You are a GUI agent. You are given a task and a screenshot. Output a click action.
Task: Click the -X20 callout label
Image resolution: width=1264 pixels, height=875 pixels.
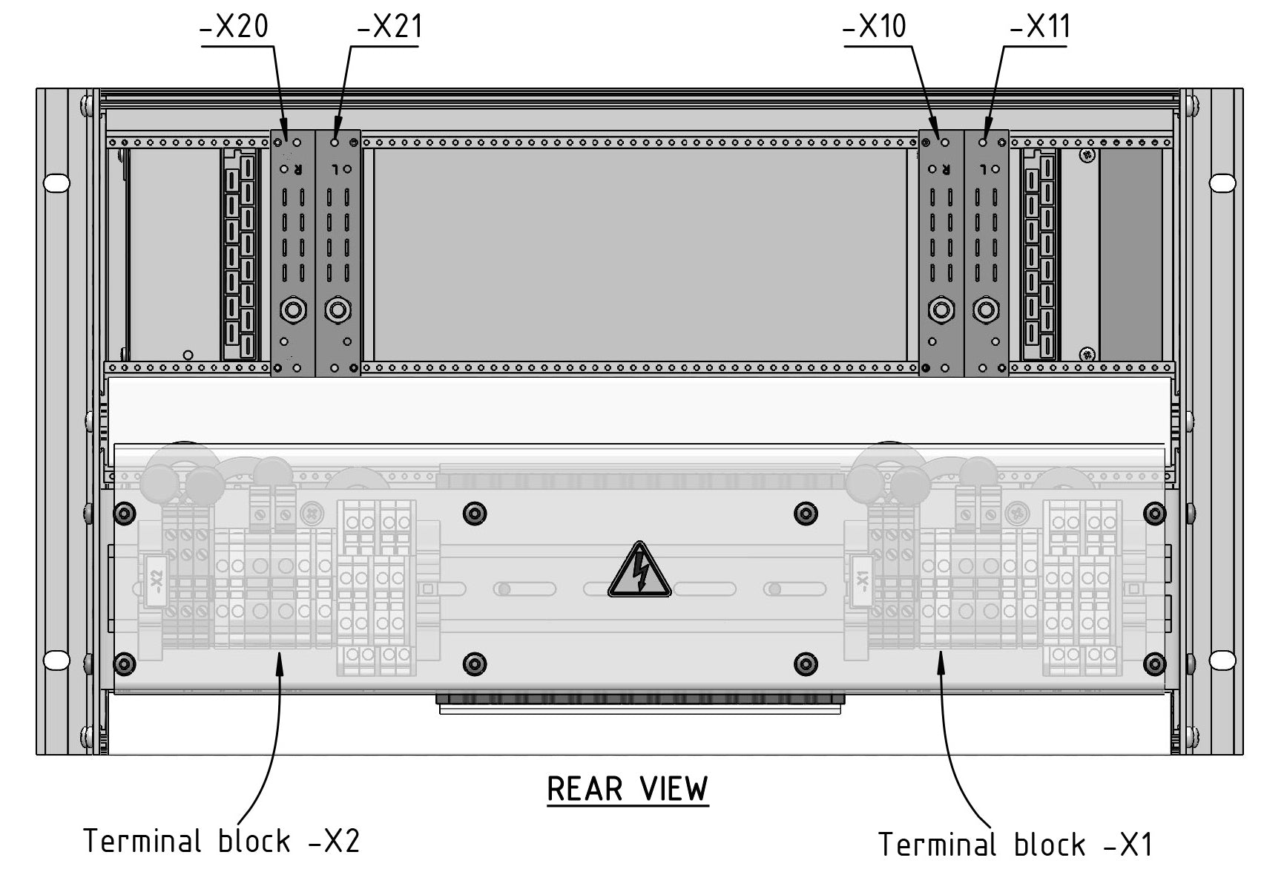(x=234, y=28)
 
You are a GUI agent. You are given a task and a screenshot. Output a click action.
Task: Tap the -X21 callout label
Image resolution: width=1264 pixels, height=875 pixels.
(x=389, y=28)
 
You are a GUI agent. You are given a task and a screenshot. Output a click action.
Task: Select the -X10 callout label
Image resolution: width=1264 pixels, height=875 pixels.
(x=875, y=28)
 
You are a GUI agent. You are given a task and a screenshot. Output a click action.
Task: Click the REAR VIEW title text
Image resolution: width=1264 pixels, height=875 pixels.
(x=628, y=789)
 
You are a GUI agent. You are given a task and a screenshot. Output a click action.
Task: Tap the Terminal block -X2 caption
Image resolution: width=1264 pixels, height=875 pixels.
(x=221, y=842)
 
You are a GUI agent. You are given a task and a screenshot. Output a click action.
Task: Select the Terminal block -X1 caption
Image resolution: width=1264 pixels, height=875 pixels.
(x=1015, y=845)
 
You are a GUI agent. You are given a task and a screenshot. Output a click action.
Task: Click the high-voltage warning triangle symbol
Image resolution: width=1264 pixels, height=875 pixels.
(x=639, y=572)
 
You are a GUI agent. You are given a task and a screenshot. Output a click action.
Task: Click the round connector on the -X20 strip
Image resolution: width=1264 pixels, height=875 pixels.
(x=293, y=309)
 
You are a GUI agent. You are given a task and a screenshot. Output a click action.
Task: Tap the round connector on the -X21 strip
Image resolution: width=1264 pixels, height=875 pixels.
(x=338, y=309)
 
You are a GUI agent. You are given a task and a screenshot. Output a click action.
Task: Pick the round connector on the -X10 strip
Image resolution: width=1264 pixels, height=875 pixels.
(x=941, y=309)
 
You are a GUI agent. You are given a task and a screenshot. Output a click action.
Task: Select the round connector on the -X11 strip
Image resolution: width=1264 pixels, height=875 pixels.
(x=986, y=309)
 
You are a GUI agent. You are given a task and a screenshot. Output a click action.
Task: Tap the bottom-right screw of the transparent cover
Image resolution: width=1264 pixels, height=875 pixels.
(x=1155, y=663)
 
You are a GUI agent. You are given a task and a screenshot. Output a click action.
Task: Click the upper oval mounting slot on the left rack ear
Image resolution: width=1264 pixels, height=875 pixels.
(x=56, y=183)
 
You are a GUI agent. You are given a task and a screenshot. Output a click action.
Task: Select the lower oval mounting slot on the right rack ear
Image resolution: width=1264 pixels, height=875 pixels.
(x=1222, y=659)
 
